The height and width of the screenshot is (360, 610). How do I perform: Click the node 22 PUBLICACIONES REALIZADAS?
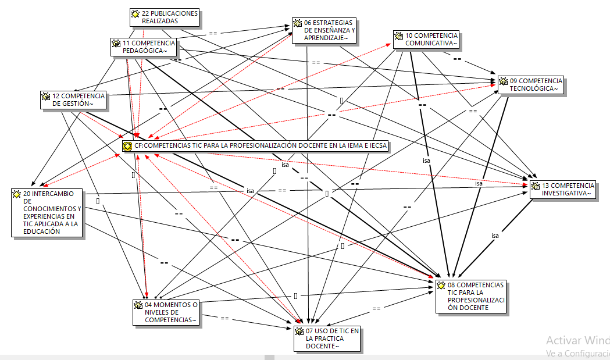pyautogui.click(x=165, y=17)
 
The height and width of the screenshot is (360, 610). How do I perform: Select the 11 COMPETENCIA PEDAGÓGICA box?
pyautogui.click(x=143, y=47)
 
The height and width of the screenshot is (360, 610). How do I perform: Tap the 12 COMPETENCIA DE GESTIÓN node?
pyautogui.click(x=73, y=100)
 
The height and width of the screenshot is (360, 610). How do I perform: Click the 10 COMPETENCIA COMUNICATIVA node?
pyautogui.click(x=426, y=40)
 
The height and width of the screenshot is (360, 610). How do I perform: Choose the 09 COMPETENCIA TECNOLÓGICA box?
pyautogui.click(x=531, y=85)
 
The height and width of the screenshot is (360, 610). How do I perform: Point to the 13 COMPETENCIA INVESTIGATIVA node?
pyautogui.click(x=563, y=190)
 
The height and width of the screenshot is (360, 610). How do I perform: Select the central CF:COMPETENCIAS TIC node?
pyautogui.click(x=255, y=145)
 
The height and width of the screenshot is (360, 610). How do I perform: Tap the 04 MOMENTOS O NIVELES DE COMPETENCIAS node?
pyautogui.click(x=166, y=312)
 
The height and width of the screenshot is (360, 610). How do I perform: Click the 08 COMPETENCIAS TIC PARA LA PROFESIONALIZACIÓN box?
pyautogui.click(x=471, y=297)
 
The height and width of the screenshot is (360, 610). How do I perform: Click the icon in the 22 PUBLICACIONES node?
pyautogui.click(x=135, y=13)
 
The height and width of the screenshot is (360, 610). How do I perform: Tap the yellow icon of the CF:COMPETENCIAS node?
pyautogui.click(x=127, y=146)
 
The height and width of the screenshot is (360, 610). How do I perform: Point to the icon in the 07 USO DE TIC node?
pyautogui.click(x=299, y=332)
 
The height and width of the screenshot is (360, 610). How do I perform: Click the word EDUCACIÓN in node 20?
pyautogui.click(x=42, y=231)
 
